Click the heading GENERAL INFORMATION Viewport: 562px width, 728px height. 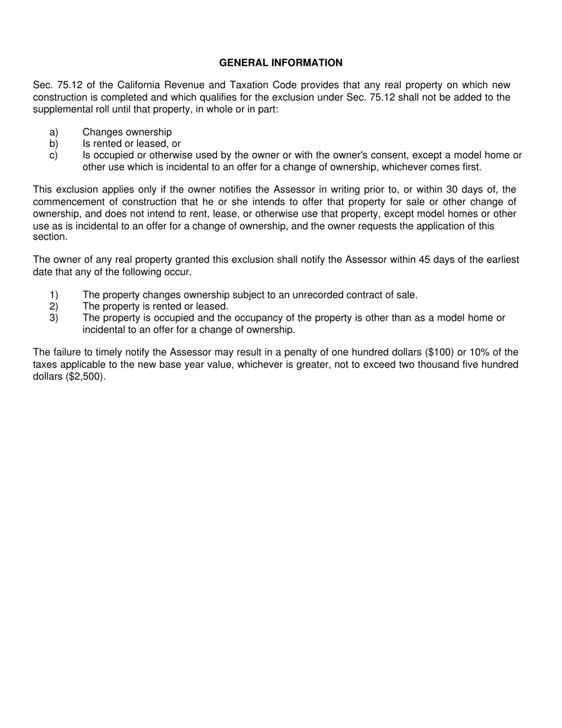[280, 63]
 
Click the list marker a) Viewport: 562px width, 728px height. [54, 133]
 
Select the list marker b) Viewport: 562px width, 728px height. [54, 144]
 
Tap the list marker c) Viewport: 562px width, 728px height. [54, 156]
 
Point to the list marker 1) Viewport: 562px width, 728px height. [54, 295]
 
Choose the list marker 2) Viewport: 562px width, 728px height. [54, 307]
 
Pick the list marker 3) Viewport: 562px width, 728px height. [54, 318]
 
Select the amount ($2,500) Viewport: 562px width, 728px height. [85, 376]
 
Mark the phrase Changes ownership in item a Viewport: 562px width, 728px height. [127, 133]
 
